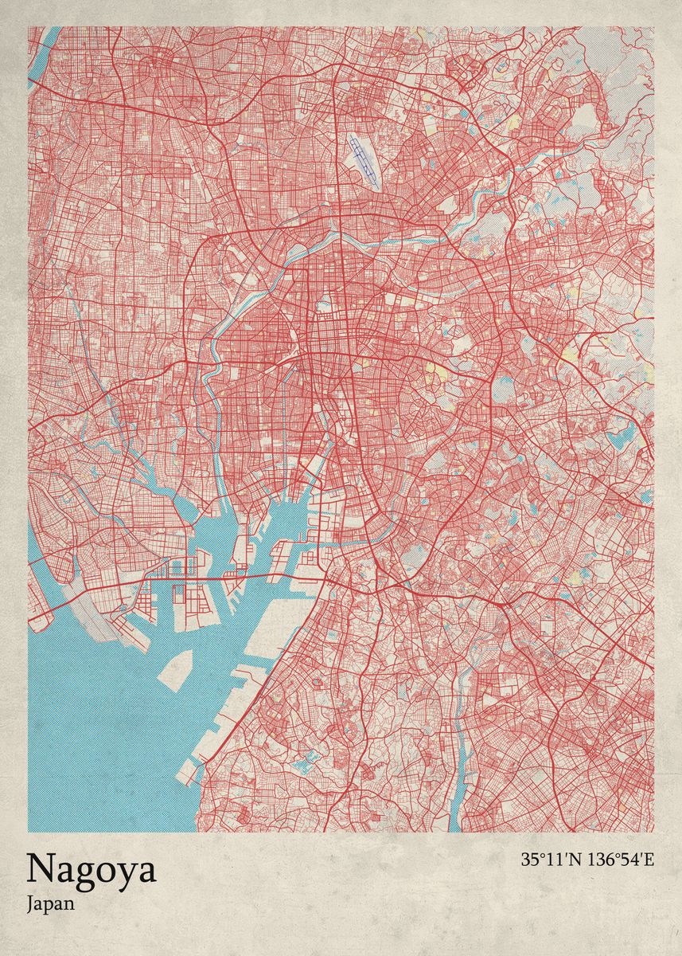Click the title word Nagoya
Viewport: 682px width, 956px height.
(92, 870)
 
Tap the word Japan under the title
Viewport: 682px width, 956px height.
(50, 904)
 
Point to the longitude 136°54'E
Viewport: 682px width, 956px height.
(619, 860)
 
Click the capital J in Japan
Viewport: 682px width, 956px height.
(29, 903)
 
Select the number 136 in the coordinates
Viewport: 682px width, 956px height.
(599, 860)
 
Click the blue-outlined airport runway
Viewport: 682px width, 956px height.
(363, 159)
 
